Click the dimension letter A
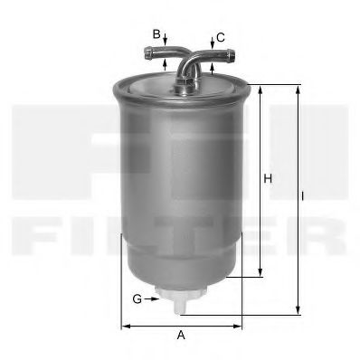coord(181,335)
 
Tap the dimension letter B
coord(156,34)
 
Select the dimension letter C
coord(221,38)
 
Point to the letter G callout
coord(137,299)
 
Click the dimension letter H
coord(268,178)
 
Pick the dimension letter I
coord(302,196)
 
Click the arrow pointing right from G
coord(151,298)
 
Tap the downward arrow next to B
coord(165,40)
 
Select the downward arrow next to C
coord(213,43)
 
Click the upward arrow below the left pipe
coord(165,64)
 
